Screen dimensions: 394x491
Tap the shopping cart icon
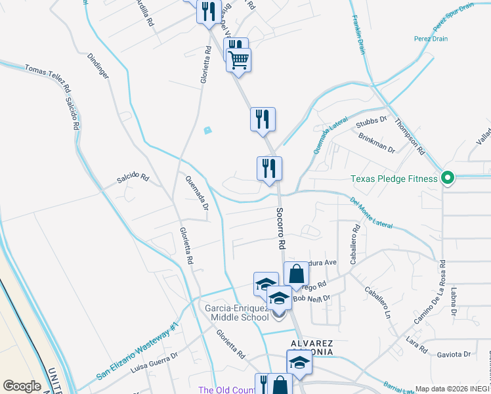(x=239, y=60)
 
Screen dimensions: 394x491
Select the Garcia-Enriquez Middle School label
(x=237, y=312)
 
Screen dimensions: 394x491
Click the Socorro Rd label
(x=280, y=228)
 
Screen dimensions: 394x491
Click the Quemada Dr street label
(x=196, y=194)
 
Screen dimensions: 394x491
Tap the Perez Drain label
(x=431, y=39)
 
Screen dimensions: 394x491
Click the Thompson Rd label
(x=409, y=136)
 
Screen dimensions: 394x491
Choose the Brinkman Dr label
(x=376, y=142)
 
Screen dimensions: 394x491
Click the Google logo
(x=21, y=385)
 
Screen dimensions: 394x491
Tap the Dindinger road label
(x=98, y=66)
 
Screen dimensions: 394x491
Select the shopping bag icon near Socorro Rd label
(x=296, y=274)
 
